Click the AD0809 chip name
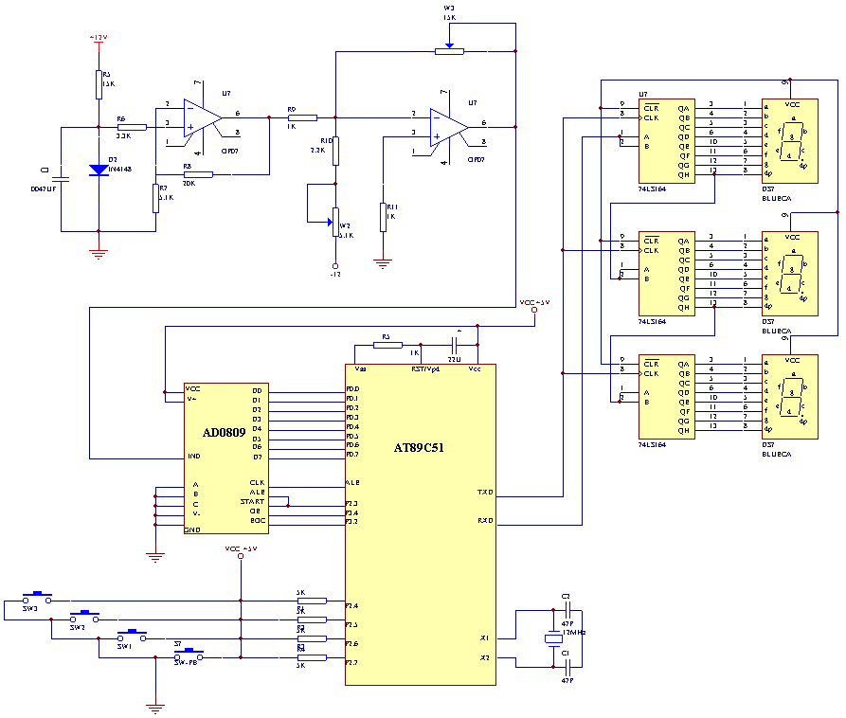click(x=225, y=433)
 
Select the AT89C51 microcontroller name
click(x=419, y=447)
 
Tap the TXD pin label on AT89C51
click(x=485, y=492)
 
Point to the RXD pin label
click(x=485, y=520)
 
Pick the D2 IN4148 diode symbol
click(x=99, y=171)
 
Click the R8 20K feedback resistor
click(x=198, y=174)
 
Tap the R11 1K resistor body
click(x=383, y=216)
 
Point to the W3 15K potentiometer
click(x=449, y=50)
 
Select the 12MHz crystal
click(x=553, y=638)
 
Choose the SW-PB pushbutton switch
click(x=193, y=655)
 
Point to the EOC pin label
click(x=258, y=520)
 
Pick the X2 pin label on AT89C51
click(x=484, y=657)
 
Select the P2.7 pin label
click(x=351, y=661)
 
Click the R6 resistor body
click(x=132, y=126)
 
